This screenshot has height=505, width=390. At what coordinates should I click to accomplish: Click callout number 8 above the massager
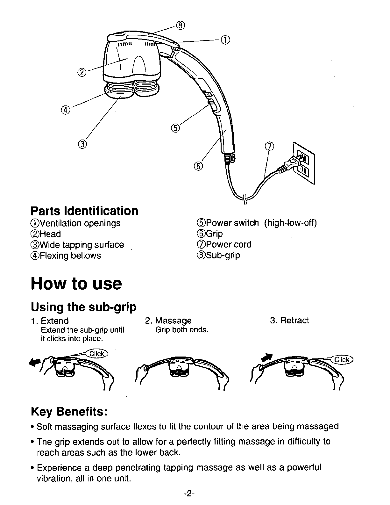click(x=180, y=25)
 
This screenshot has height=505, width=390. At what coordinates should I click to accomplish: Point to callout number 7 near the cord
click(x=269, y=147)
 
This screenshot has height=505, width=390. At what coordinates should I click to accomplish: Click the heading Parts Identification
click(x=84, y=211)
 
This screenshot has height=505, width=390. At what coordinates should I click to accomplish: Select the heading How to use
click(x=76, y=283)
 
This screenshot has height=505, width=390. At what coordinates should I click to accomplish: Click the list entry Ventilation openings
click(x=76, y=223)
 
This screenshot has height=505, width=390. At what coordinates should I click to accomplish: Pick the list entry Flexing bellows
click(x=66, y=256)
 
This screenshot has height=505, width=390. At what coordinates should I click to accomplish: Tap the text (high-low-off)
click(x=290, y=223)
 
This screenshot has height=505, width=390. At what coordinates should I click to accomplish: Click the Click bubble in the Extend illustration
click(x=97, y=354)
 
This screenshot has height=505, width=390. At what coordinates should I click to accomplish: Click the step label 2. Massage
click(x=168, y=321)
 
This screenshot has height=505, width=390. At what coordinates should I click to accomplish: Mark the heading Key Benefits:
click(x=68, y=412)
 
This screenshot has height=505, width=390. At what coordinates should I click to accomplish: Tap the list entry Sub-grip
click(x=219, y=255)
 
